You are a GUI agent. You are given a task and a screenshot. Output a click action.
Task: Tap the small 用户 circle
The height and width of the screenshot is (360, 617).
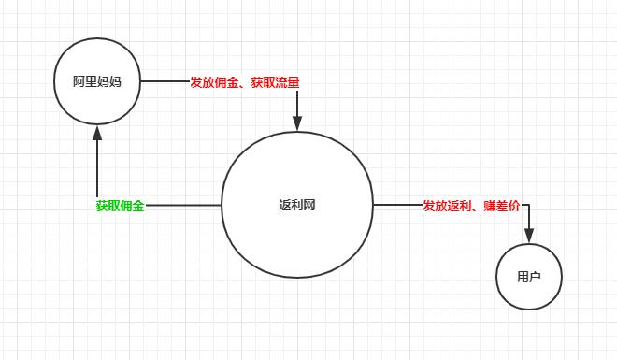click(x=529, y=277)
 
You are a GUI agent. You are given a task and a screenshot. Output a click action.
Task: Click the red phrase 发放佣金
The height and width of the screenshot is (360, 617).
click(x=214, y=82)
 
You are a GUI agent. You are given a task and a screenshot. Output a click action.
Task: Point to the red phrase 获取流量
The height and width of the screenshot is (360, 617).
click(x=276, y=82)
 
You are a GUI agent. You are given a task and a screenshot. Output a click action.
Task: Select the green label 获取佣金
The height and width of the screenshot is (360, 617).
click(x=120, y=206)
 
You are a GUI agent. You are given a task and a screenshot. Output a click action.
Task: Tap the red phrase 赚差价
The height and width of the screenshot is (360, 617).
click(x=502, y=206)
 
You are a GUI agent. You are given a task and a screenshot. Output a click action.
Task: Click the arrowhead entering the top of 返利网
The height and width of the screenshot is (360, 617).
click(x=297, y=123)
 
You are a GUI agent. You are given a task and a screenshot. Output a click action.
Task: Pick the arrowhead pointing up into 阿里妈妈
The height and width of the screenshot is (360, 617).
click(x=97, y=135)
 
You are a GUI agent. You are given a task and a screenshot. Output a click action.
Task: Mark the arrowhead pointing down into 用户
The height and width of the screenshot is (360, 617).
click(x=529, y=236)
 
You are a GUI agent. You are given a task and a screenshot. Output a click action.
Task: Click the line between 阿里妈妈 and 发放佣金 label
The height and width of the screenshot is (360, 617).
click(x=165, y=81)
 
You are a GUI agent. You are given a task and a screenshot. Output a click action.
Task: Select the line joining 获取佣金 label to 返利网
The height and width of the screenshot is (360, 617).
click(x=183, y=205)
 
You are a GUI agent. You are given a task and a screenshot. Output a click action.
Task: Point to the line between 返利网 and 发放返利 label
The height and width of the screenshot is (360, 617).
click(x=397, y=205)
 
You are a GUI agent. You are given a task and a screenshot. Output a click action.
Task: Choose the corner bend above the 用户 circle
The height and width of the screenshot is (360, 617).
click(x=529, y=206)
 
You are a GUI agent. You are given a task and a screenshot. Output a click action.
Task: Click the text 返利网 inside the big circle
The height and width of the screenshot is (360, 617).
click(x=297, y=205)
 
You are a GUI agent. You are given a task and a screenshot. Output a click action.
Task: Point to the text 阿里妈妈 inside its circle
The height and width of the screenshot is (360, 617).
click(x=97, y=81)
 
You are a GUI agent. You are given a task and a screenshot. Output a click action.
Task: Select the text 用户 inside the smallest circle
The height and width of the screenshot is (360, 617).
click(x=529, y=277)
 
